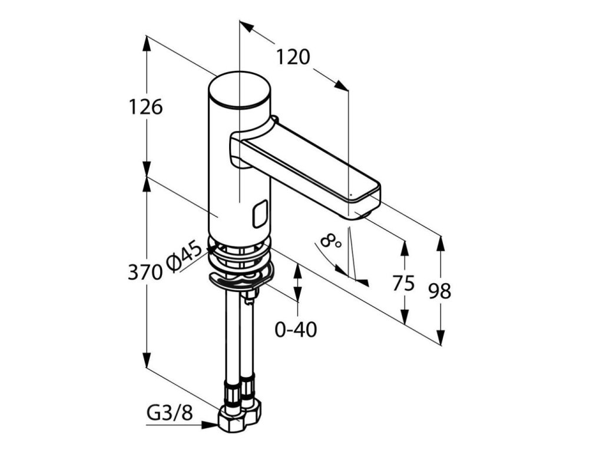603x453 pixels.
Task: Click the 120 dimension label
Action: click(293, 57)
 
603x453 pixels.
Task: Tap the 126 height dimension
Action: click(145, 107)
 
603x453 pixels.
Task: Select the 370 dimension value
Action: click(145, 272)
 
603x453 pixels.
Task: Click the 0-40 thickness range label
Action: click(296, 330)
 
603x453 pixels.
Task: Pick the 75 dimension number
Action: click(404, 283)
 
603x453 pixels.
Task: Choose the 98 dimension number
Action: click(439, 291)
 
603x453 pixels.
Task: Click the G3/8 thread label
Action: click(170, 413)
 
